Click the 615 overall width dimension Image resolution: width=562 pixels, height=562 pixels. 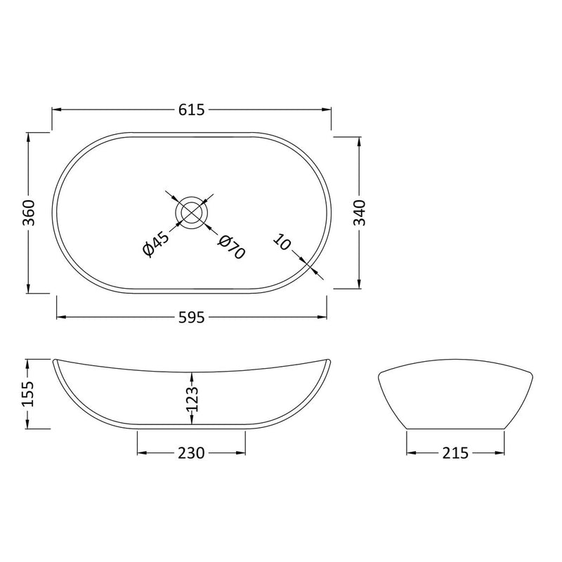click(x=191, y=110)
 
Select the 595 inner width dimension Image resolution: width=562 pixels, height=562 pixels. click(x=191, y=318)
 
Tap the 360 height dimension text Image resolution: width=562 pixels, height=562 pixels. click(x=29, y=212)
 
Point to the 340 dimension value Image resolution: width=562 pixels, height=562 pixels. click(x=360, y=211)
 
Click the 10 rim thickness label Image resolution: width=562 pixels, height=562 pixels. click(x=282, y=243)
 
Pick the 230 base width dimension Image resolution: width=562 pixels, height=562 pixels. click(x=191, y=453)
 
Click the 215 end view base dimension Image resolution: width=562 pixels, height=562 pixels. click(x=456, y=453)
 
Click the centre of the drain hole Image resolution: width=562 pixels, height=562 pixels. click(x=191, y=211)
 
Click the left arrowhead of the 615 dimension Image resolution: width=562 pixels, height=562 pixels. click(x=56, y=110)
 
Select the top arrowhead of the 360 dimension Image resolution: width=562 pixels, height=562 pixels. click(x=29, y=135)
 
